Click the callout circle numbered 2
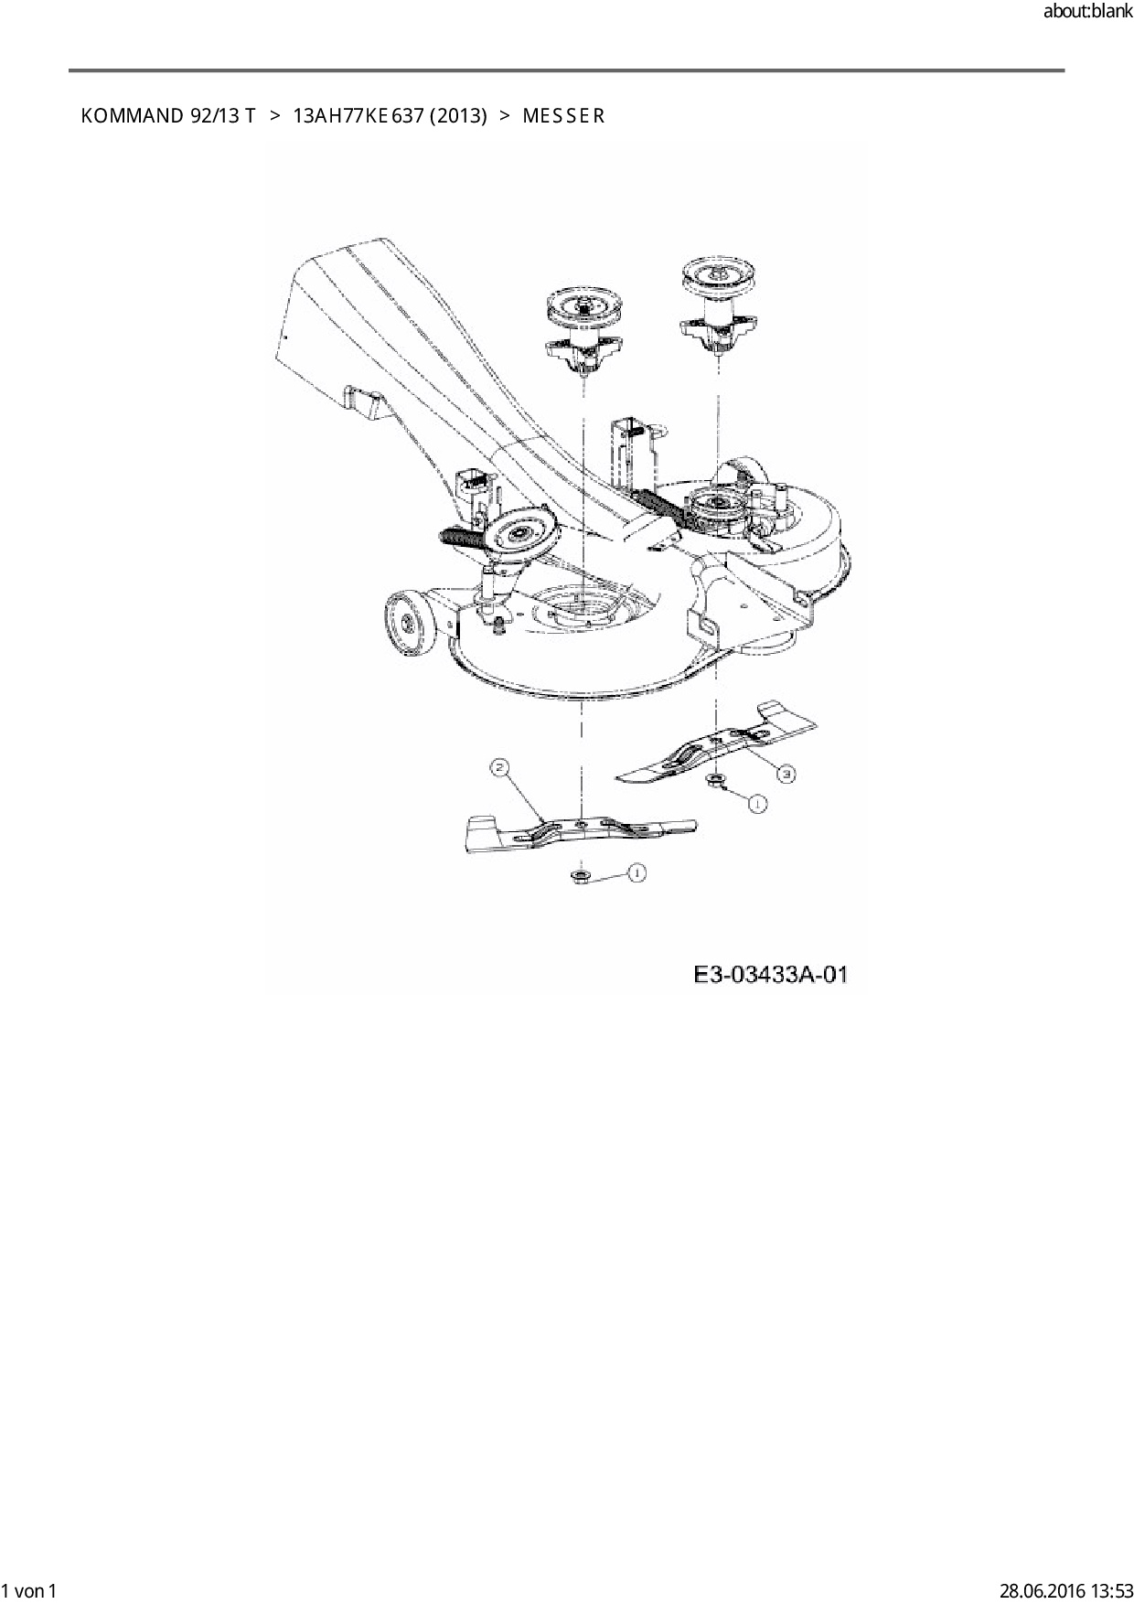coord(499,768)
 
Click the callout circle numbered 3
coord(786,774)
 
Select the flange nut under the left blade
coord(579,877)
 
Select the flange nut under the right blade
coord(714,780)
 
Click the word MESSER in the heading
coord(563,116)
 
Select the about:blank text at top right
coord(1087,12)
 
